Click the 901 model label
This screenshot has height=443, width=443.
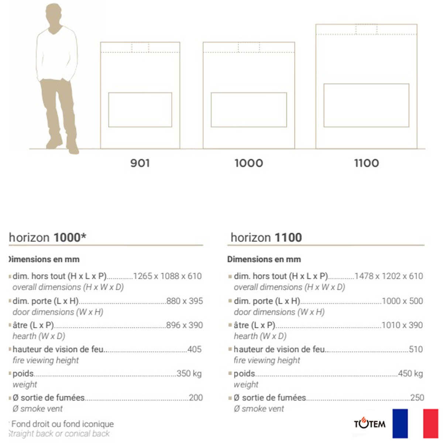[140, 163]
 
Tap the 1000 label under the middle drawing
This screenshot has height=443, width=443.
[249, 163]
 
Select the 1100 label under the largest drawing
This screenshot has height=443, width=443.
[366, 163]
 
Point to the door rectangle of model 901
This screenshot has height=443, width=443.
[140, 110]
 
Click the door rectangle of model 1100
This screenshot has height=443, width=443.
[366, 105]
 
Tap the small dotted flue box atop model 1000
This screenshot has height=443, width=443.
[249, 47]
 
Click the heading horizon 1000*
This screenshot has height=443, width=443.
[48, 237]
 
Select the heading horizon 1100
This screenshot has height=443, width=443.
[266, 237]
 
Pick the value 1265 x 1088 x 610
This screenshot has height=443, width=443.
[167, 276]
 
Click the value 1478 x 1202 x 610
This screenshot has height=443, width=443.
[389, 276]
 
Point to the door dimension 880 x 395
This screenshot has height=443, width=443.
[185, 301]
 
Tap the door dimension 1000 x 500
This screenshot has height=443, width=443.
[402, 301]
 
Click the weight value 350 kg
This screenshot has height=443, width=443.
[189, 374]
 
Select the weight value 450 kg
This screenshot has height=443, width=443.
[411, 374]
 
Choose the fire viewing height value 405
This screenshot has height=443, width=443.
[195, 349]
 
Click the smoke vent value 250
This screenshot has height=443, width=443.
[417, 398]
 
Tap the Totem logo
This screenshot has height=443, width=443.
[370, 423]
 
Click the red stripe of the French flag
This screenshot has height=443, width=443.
[430, 423]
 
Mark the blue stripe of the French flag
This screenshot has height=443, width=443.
[400, 423]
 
